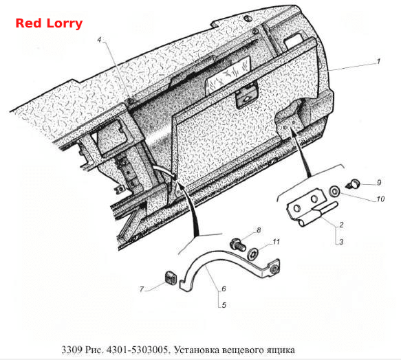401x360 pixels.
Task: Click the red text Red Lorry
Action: click(49, 23)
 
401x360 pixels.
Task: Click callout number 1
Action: click(378, 61)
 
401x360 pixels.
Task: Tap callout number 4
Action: click(100, 40)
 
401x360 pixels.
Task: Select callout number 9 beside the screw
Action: click(379, 183)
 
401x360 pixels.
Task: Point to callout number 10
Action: click(380, 199)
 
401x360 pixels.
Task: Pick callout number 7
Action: click(142, 289)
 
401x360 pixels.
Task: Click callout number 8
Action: click(259, 230)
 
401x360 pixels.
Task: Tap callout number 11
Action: click(276, 241)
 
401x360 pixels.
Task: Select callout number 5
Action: click(224, 305)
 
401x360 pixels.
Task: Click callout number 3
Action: click(341, 241)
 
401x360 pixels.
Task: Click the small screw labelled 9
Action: click(354, 183)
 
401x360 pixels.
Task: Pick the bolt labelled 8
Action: click(238, 244)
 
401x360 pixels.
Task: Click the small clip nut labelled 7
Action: click(170, 278)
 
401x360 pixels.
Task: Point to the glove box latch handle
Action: click(246, 98)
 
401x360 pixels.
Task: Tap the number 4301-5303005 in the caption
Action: click(138, 350)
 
